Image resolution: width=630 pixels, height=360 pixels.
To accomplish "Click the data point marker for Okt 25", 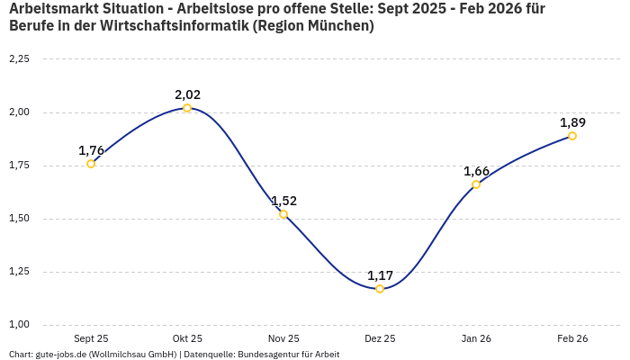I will (187, 108).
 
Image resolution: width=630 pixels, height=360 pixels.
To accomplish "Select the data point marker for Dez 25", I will (380, 289).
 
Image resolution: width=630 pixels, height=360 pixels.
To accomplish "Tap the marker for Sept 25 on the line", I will (91, 164).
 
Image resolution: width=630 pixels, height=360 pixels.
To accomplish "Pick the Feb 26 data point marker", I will (572, 136).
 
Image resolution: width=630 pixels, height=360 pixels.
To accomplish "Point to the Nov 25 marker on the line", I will (283, 214).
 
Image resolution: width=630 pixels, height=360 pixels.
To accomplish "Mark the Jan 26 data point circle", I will (476, 184).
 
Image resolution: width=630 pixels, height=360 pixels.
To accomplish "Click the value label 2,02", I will (187, 94).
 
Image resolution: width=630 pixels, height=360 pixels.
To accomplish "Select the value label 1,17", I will (380, 275).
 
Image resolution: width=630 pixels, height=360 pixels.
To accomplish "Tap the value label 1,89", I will (572, 122).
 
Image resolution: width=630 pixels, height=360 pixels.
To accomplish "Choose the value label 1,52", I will (283, 201).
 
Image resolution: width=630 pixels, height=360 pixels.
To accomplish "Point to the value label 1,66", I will (476, 171).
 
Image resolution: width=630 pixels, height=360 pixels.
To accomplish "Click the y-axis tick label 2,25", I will (19, 59).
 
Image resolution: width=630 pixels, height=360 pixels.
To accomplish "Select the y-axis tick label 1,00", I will (19, 325).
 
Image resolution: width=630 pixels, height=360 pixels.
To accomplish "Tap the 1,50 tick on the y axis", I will (19, 219).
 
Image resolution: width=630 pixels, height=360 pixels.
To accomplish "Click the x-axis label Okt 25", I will (187, 338).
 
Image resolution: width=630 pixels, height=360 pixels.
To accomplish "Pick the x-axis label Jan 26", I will (476, 338).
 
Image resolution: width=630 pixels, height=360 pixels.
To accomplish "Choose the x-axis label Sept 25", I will (91, 338).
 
